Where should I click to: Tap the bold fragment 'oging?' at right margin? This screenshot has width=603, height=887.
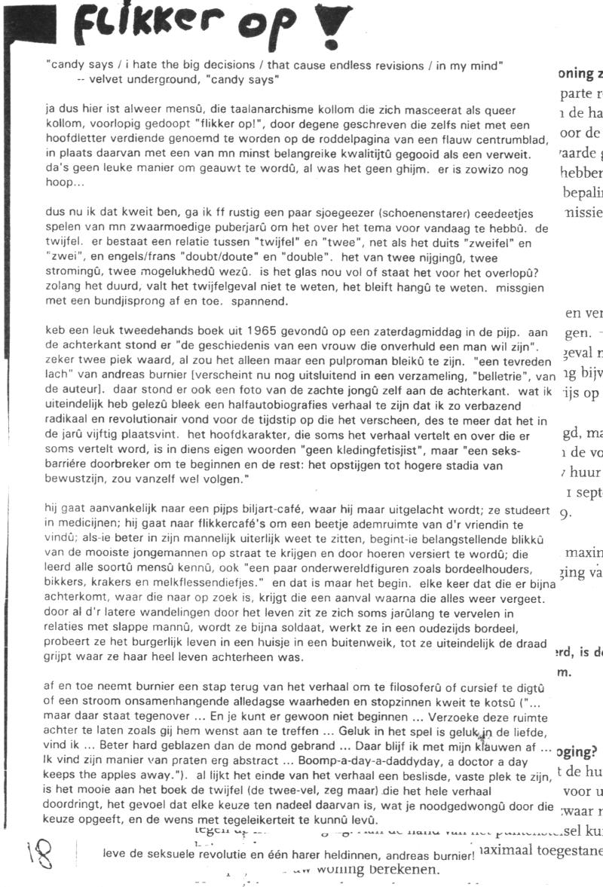(579, 751)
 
